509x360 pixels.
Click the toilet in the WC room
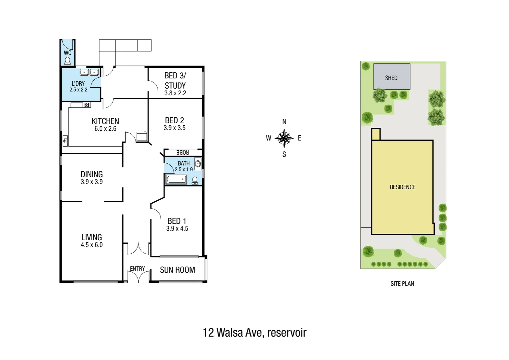(x=68, y=61)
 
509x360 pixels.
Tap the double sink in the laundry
(x=89, y=72)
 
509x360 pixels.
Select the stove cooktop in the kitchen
(x=87, y=105)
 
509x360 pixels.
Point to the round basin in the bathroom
(x=198, y=164)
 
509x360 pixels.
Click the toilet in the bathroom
(x=195, y=180)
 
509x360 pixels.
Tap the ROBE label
(x=183, y=152)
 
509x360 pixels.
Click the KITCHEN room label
(x=105, y=121)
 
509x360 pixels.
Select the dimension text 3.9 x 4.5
(x=177, y=229)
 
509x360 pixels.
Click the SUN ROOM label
(x=178, y=270)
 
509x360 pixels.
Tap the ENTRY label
(x=137, y=269)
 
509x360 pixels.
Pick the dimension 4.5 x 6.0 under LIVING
(x=92, y=245)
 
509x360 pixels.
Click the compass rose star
(x=284, y=138)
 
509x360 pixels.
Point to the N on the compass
(x=284, y=122)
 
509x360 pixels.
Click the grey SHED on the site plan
(x=391, y=77)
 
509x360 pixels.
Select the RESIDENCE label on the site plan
(x=402, y=187)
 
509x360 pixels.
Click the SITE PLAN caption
(x=402, y=284)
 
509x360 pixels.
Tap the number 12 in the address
(x=208, y=333)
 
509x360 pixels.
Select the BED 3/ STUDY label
(x=175, y=81)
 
